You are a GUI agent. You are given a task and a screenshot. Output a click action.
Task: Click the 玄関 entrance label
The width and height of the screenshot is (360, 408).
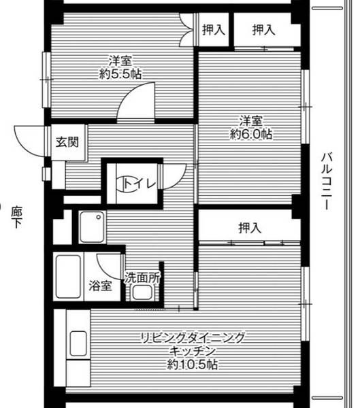[67, 143]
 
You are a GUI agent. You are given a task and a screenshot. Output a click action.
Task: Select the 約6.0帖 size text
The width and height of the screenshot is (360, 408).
[251, 135]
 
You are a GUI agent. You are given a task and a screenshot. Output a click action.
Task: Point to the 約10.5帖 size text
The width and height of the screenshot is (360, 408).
[193, 365]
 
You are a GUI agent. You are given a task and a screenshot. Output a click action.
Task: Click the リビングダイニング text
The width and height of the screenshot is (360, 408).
[193, 337]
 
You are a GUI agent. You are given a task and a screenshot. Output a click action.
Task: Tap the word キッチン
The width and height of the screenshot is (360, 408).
[193, 351]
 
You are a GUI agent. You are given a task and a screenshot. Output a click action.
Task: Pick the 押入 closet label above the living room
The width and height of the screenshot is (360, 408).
[249, 228]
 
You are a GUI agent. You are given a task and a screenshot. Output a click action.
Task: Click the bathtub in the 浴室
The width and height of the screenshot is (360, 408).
[68, 275]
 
